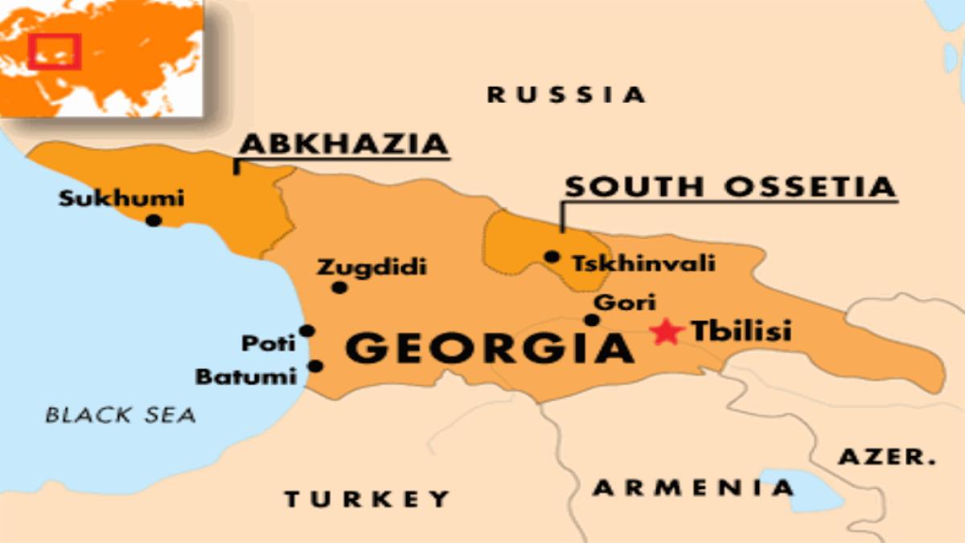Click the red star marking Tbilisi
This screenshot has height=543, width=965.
667,331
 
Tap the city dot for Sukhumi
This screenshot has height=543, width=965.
154,220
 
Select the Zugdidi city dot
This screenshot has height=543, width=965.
339,287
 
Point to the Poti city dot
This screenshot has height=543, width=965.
306,331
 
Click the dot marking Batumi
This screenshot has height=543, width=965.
315,366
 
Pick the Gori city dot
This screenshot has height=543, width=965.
592,320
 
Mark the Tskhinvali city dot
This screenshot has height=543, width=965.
552,257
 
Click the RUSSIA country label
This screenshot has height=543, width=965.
566,95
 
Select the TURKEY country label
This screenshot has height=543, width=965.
367,499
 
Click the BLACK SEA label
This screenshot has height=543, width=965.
121,415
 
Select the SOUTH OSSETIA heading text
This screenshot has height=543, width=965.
729,187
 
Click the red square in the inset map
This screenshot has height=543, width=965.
55,51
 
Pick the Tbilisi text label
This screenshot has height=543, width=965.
741,331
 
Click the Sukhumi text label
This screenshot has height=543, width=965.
121,198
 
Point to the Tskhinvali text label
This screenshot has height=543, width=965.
643,263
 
